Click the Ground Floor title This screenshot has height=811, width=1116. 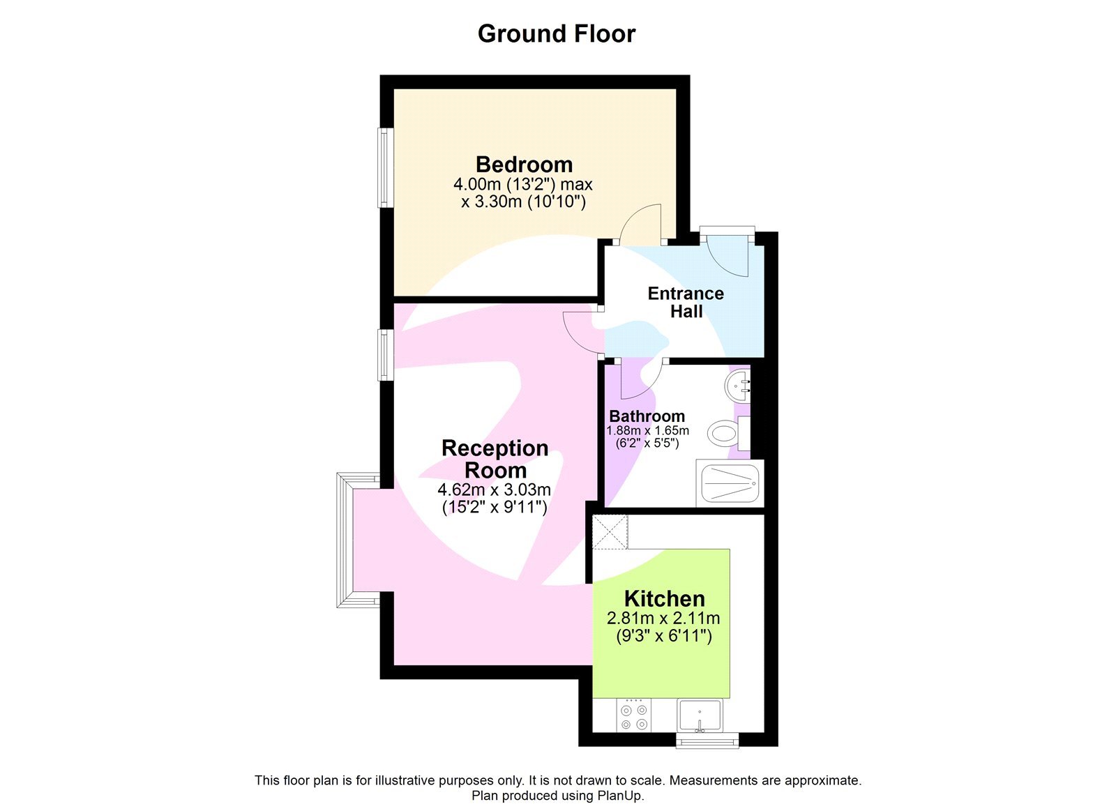556,33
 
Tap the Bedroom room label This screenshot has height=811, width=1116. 524,165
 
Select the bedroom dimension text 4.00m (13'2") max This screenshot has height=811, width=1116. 522,185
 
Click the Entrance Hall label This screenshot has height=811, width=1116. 686,302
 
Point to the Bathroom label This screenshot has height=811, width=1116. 647,416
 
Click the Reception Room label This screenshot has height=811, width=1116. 495,458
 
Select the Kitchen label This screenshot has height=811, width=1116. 664,598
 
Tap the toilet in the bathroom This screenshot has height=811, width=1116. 724,434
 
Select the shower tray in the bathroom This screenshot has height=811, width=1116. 730,483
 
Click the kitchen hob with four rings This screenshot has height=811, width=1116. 634,717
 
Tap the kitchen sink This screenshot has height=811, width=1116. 700,715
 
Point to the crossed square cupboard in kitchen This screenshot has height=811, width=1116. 610,533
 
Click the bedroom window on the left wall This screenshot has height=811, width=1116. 383,167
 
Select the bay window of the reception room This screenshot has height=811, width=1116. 345,540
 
